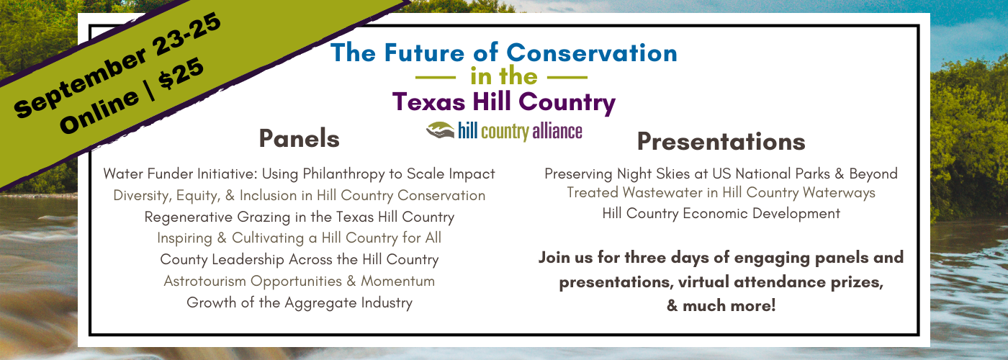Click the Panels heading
point(300,138)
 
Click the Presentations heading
point(721,142)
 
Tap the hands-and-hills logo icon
point(440,130)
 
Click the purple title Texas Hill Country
point(503,102)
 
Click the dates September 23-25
point(117,66)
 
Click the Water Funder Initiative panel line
point(300,174)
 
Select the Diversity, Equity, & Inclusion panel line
point(300,196)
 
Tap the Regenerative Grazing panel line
point(300,217)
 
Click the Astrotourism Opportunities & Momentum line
point(300,282)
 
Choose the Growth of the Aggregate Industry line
point(300,302)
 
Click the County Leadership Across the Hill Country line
point(300,260)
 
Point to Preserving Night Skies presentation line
point(721,174)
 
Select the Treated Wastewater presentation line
point(721,193)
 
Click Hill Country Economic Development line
point(721,213)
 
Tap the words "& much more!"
point(721,305)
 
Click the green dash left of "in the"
point(436,78)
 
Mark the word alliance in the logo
point(557,131)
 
